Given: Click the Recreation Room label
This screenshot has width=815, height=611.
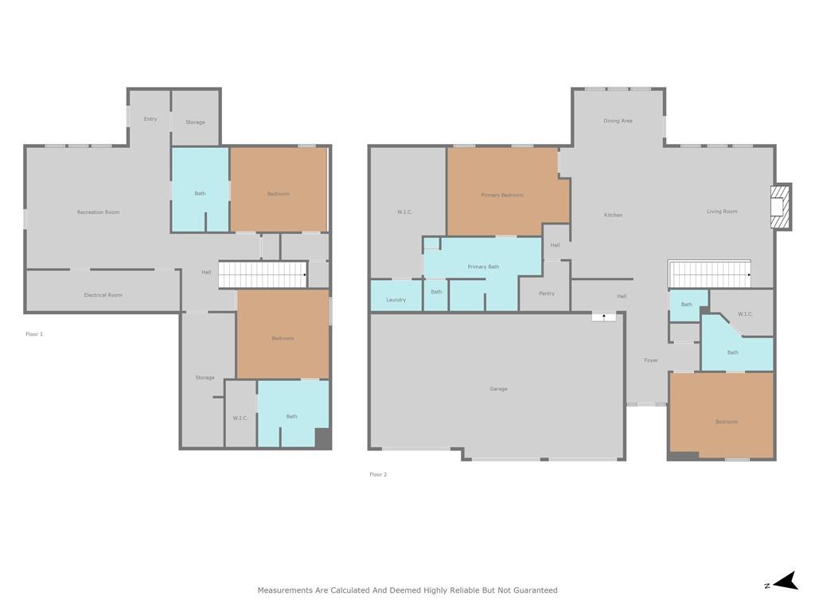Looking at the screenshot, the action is (x=98, y=212).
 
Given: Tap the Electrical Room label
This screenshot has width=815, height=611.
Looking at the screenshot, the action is (x=103, y=294).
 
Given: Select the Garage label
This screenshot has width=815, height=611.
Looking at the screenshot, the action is (x=498, y=388).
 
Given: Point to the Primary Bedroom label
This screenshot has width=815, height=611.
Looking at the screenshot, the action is (x=502, y=195).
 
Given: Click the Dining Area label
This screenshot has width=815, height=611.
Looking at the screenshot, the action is (x=618, y=121).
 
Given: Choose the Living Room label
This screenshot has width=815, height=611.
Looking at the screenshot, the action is (x=722, y=212).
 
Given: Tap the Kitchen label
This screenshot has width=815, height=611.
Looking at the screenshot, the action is (x=614, y=215).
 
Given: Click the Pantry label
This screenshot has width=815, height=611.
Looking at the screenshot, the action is (x=547, y=294).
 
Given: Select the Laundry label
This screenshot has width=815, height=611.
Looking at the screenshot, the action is (x=396, y=300).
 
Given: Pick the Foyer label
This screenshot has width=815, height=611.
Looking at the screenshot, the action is (x=651, y=360).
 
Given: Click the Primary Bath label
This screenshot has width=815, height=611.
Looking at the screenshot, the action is (x=483, y=267).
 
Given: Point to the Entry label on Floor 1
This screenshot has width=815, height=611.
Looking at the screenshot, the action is (x=150, y=119).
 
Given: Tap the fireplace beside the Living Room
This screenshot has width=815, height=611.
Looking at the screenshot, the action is (x=781, y=207).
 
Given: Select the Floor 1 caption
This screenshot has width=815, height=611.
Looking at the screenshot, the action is (x=34, y=334).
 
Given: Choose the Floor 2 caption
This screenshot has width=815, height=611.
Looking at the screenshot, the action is (x=378, y=474).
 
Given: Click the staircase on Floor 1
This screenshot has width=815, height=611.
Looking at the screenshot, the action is (x=263, y=274).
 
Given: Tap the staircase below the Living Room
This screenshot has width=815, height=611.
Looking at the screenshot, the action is (x=710, y=274).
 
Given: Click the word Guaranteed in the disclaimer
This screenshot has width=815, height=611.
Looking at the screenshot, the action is (x=536, y=590).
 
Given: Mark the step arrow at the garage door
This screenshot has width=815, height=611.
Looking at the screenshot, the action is (x=604, y=317).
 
